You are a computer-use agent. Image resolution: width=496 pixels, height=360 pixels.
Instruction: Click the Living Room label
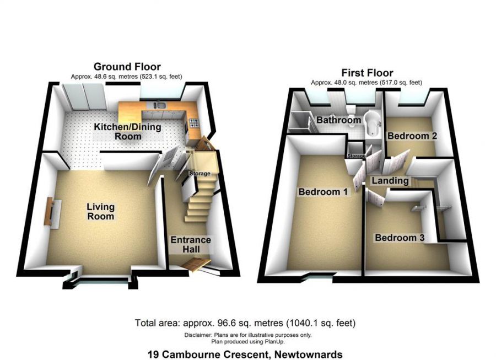point(100,211)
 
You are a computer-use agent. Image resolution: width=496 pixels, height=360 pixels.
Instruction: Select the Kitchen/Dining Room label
point(127,131)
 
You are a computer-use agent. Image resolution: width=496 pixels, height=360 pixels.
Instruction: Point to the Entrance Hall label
point(190,245)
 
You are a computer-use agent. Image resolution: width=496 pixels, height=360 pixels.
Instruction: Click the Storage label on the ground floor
point(200,174)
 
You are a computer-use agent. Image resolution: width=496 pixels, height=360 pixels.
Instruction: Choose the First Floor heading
point(366,73)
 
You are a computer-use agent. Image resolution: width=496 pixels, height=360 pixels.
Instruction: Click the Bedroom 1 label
point(323,192)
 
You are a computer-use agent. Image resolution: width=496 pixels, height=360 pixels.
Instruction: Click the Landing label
point(390,180)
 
